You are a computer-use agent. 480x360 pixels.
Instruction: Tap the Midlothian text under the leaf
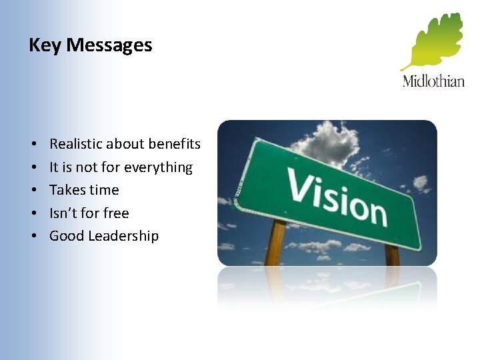tap(433, 81)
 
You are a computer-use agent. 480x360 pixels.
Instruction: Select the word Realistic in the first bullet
tap(73, 144)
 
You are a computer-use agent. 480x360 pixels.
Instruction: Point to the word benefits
tap(174, 144)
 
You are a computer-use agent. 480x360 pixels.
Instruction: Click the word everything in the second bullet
tap(160, 167)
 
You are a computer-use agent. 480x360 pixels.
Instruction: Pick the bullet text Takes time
tap(84, 190)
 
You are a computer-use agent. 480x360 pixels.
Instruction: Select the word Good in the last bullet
tap(66, 236)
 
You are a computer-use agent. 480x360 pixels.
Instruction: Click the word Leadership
tap(125, 236)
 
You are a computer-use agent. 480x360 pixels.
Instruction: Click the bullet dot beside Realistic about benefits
tap(32, 145)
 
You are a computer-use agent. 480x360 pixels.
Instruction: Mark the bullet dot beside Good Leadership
tap(32, 237)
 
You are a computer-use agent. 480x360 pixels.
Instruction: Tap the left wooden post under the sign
tap(274, 243)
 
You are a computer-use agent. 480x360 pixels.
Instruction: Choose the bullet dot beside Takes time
tap(32, 191)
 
